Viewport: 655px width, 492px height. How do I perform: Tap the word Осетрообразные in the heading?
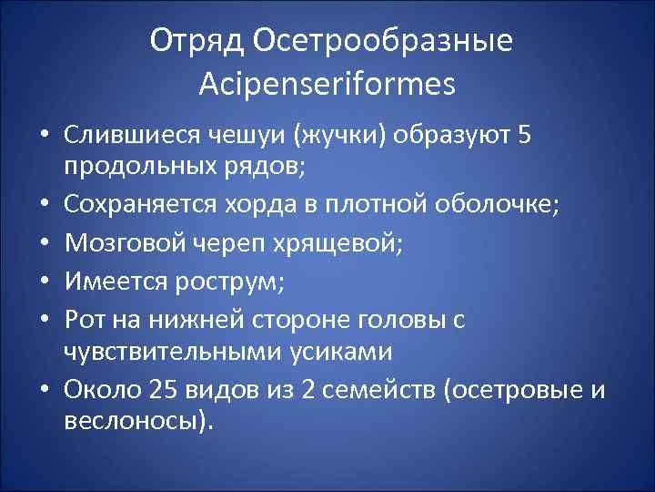[x=382, y=41]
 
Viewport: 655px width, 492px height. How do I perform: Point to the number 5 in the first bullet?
[x=521, y=134]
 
